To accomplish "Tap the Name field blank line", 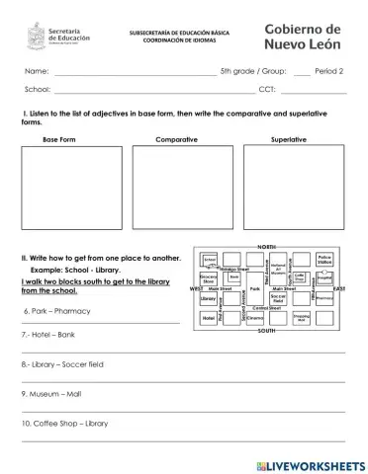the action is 135,74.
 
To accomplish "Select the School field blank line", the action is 148,92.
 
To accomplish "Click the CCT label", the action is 267,90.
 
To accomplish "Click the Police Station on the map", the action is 324,259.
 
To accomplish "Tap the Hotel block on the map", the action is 209,318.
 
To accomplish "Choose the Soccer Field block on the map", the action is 278,297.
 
